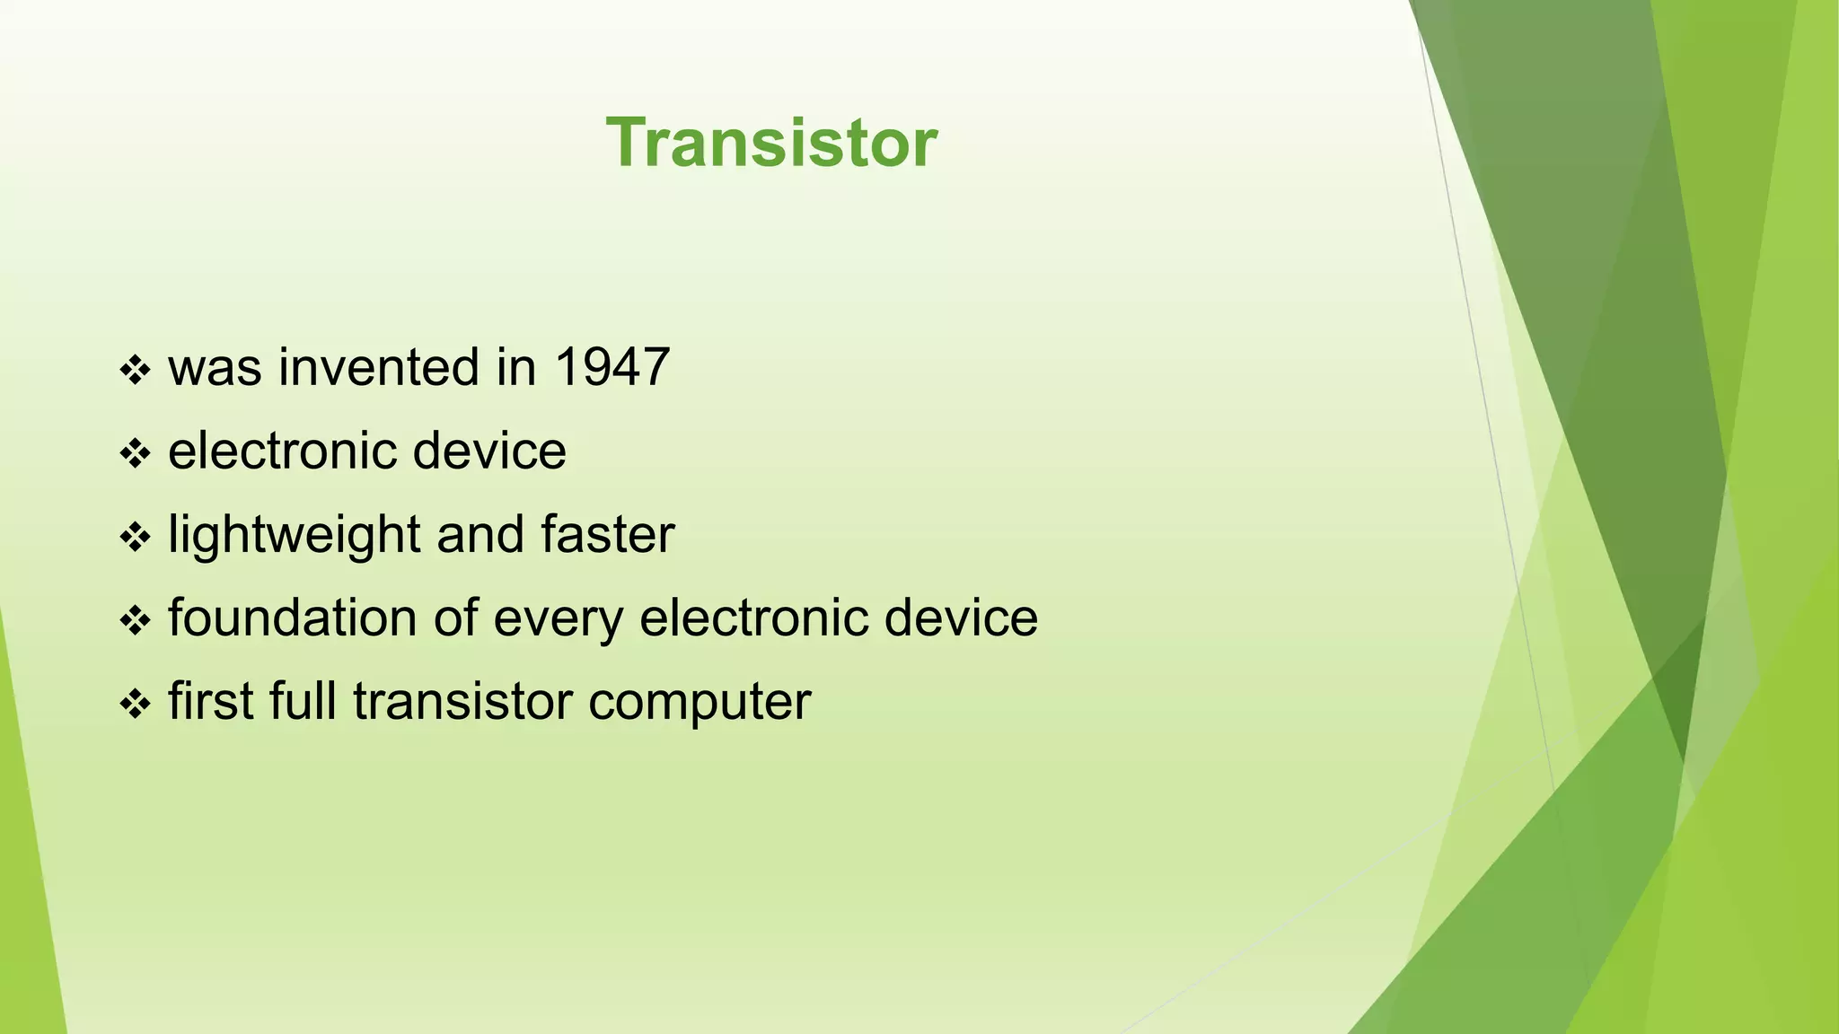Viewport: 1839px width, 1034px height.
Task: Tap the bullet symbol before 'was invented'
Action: coord(135,370)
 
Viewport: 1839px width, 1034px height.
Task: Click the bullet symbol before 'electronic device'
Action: coord(135,453)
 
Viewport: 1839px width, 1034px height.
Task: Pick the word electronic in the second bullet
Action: coord(282,451)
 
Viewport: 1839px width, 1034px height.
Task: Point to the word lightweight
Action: coord(294,536)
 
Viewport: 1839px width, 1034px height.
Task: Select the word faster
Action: coord(607,535)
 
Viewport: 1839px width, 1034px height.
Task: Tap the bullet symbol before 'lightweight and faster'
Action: coord(135,537)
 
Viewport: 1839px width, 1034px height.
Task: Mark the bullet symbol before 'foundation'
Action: coord(135,620)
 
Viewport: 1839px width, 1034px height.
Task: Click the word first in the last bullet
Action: coord(210,702)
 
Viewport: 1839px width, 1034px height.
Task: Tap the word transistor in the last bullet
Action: coord(462,702)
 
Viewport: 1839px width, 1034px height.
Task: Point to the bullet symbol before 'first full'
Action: coord(135,704)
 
